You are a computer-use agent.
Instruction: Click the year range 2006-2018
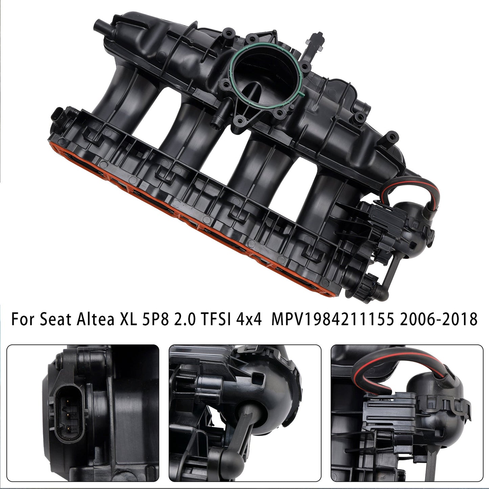(438, 319)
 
